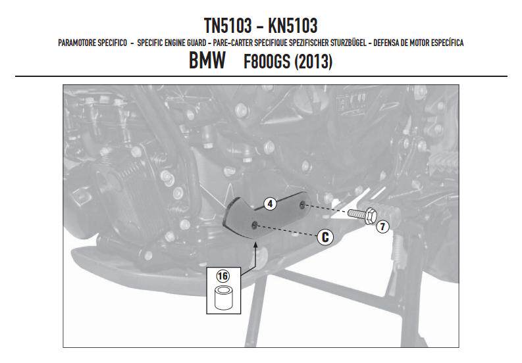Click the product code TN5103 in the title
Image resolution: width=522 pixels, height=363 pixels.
pyautogui.click(x=228, y=26)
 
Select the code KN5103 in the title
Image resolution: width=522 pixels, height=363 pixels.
pyautogui.click(x=293, y=26)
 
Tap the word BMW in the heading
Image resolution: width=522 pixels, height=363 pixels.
pyautogui.click(x=207, y=60)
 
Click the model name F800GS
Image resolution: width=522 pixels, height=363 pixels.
pyautogui.click(x=267, y=61)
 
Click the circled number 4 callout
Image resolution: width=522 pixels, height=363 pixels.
pyautogui.click(x=270, y=204)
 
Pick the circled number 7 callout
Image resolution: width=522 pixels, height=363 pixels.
pyautogui.click(x=383, y=227)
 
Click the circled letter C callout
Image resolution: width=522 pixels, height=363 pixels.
pyautogui.click(x=325, y=237)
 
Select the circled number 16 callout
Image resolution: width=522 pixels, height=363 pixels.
pyautogui.click(x=222, y=276)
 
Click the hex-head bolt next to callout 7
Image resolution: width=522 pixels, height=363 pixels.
pyautogui.click(x=362, y=215)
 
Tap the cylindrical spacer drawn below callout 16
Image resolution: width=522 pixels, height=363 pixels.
pyautogui.click(x=223, y=298)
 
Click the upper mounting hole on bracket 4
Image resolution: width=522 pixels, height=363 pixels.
pyautogui.click(x=302, y=205)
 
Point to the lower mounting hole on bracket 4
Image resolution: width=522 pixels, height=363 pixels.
pyautogui.click(x=254, y=226)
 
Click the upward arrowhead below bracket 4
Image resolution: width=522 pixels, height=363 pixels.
pyautogui.click(x=255, y=245)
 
